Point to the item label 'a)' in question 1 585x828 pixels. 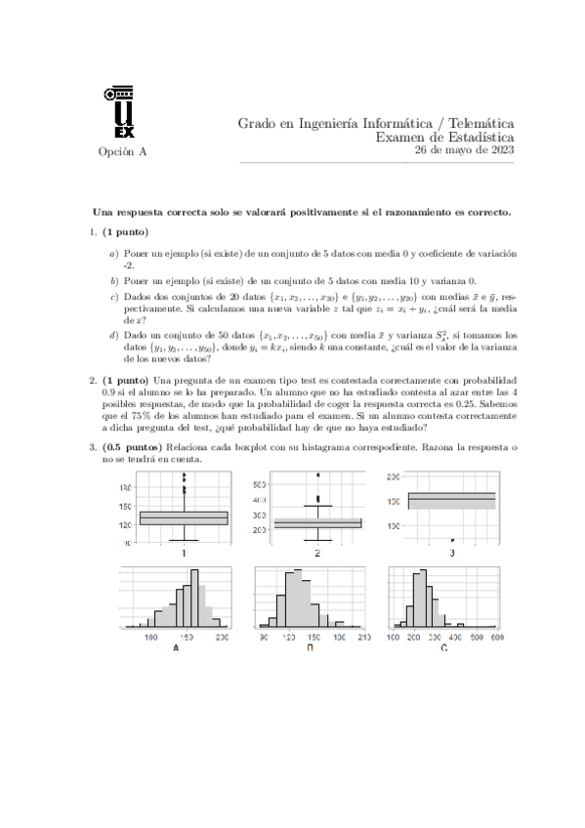coord(114,253)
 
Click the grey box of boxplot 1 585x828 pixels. coord(184,517)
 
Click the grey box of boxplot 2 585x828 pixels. coord(317,523)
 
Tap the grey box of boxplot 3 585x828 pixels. coord(450,500)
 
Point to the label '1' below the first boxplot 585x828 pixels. coord(184,554)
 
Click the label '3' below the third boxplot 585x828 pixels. coord(450,554)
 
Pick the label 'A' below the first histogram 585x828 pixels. coord(176,647)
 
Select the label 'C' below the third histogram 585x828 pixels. coord(443,647)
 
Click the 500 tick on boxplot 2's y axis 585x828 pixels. coord(260,484)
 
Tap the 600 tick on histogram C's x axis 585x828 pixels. coord(495,637)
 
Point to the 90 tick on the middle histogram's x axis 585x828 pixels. coord(264,637)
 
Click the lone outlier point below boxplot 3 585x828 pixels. coord(451,539)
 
